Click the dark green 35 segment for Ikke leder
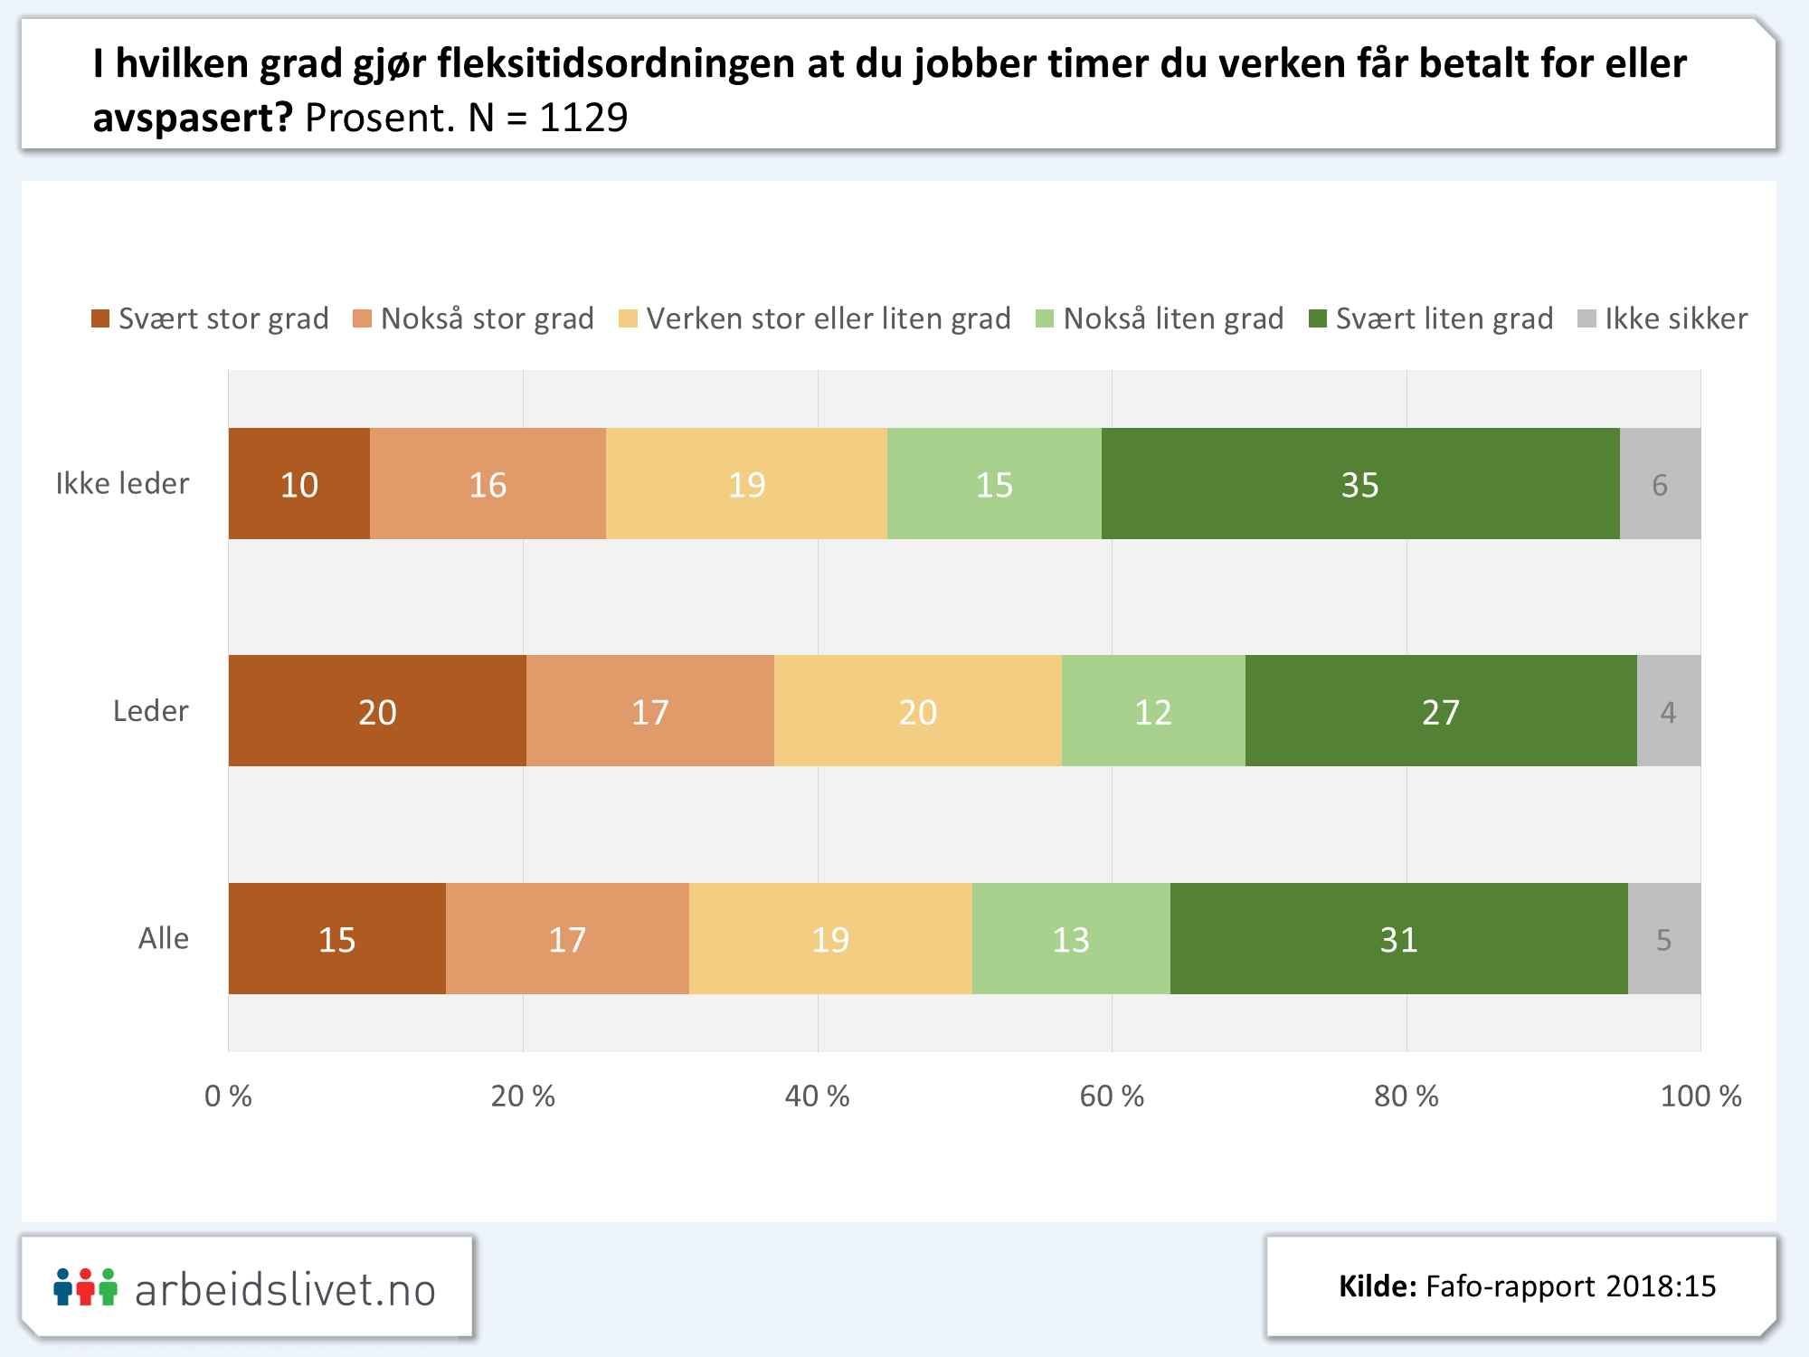pos(1360,484)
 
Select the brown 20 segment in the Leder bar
pos(377,711)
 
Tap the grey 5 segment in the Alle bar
pos(1663,939)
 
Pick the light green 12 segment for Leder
pos(1153,711)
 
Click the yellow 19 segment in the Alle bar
pos(830,939)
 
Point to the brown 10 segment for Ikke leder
pos(299,484)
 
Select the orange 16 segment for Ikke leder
pos(488,484)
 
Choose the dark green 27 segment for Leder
pos(1441,711)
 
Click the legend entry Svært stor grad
pos(211,318)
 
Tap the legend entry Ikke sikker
pos(1663,318)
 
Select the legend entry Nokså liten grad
pos(1160,318)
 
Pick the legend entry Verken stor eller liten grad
pos(815,318)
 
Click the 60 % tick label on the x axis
pos(1112,1096)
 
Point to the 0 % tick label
pos(228,1096)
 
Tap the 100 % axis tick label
pos(1700,1096)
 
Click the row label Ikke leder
pos(122,484)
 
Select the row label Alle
pos(164,939)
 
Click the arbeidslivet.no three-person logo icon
pos(85,1287)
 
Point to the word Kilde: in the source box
pos(1378,1286)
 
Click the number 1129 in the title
pos(583,118)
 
